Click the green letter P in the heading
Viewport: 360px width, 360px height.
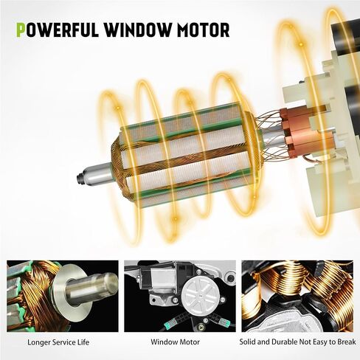click(x=21, y=30)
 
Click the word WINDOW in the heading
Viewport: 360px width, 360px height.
click(x=138, y=30)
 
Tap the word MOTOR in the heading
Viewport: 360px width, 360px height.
click(x=204, y=30)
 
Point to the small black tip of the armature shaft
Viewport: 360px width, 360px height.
click(x=79, y=178)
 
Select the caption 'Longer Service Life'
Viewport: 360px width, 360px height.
click(x=58, y=342)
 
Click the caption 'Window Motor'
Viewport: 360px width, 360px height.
click(x=175, y=342)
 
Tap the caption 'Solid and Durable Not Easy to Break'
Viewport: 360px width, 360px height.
click(x=297, y=342)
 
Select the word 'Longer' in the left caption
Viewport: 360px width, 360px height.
click(x=39, y=342)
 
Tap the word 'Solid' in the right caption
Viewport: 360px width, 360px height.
click(x=246, y=342)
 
